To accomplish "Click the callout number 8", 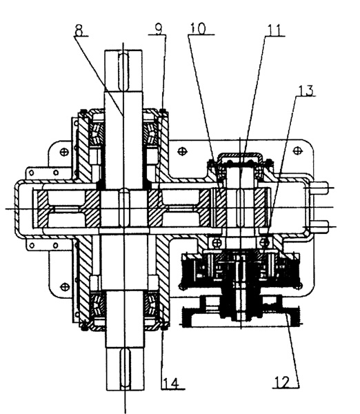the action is point(79,30).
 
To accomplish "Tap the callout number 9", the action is point(159,29).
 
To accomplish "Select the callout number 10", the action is point(198,28).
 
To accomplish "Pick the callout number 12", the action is point(282,382).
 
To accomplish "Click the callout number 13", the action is point(306,90).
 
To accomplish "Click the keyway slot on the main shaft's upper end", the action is point(123,71).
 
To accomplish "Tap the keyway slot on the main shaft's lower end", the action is point(125,368).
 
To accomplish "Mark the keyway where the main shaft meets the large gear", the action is point(124,207).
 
